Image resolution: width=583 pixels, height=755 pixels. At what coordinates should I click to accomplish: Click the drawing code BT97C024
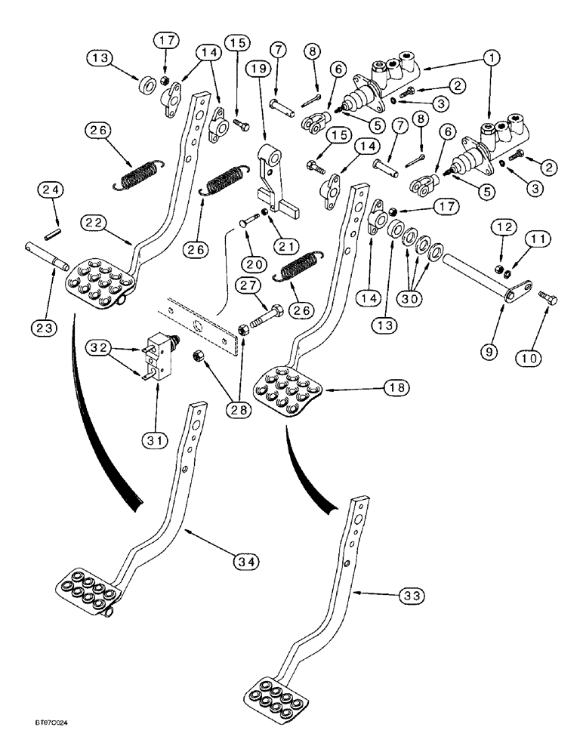click(29, 744)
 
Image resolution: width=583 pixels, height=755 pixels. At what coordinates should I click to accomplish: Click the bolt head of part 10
click(548, 300)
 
